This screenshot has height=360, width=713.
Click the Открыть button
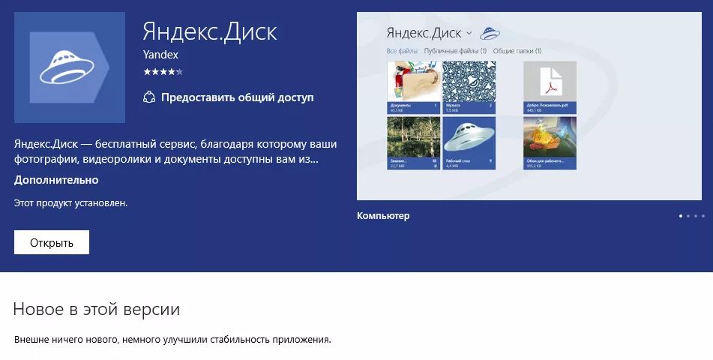click(x=52, y=242)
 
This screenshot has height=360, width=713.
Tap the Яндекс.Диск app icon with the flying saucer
click(x=70, y=67)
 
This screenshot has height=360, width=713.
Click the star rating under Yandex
click(x=163, y=72)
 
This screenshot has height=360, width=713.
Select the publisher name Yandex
click(x=160, y=55)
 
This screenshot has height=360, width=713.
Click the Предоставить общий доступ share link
click(x=237, y=97)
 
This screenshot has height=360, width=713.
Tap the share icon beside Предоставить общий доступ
click(x=149, y=97)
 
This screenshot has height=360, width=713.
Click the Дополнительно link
click(x=56, y=180)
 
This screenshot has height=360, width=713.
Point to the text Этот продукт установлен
click(x=71, y=202)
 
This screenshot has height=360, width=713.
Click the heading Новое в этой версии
click(x=97, y=309)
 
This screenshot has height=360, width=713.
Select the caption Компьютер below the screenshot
click(x=383, y=216)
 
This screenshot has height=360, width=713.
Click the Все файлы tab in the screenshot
click(x=402, y=51)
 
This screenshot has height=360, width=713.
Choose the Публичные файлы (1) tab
click(x=455, y=51)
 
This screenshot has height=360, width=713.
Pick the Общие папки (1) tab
click(x=517, y=51)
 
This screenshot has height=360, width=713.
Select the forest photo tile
click(x=412, y=142)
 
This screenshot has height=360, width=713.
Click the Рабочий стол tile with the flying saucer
click(x=469, y=142)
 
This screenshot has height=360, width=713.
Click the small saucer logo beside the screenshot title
click(x=490, y=33)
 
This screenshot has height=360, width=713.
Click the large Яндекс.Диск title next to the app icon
click(x=210, y=31)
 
